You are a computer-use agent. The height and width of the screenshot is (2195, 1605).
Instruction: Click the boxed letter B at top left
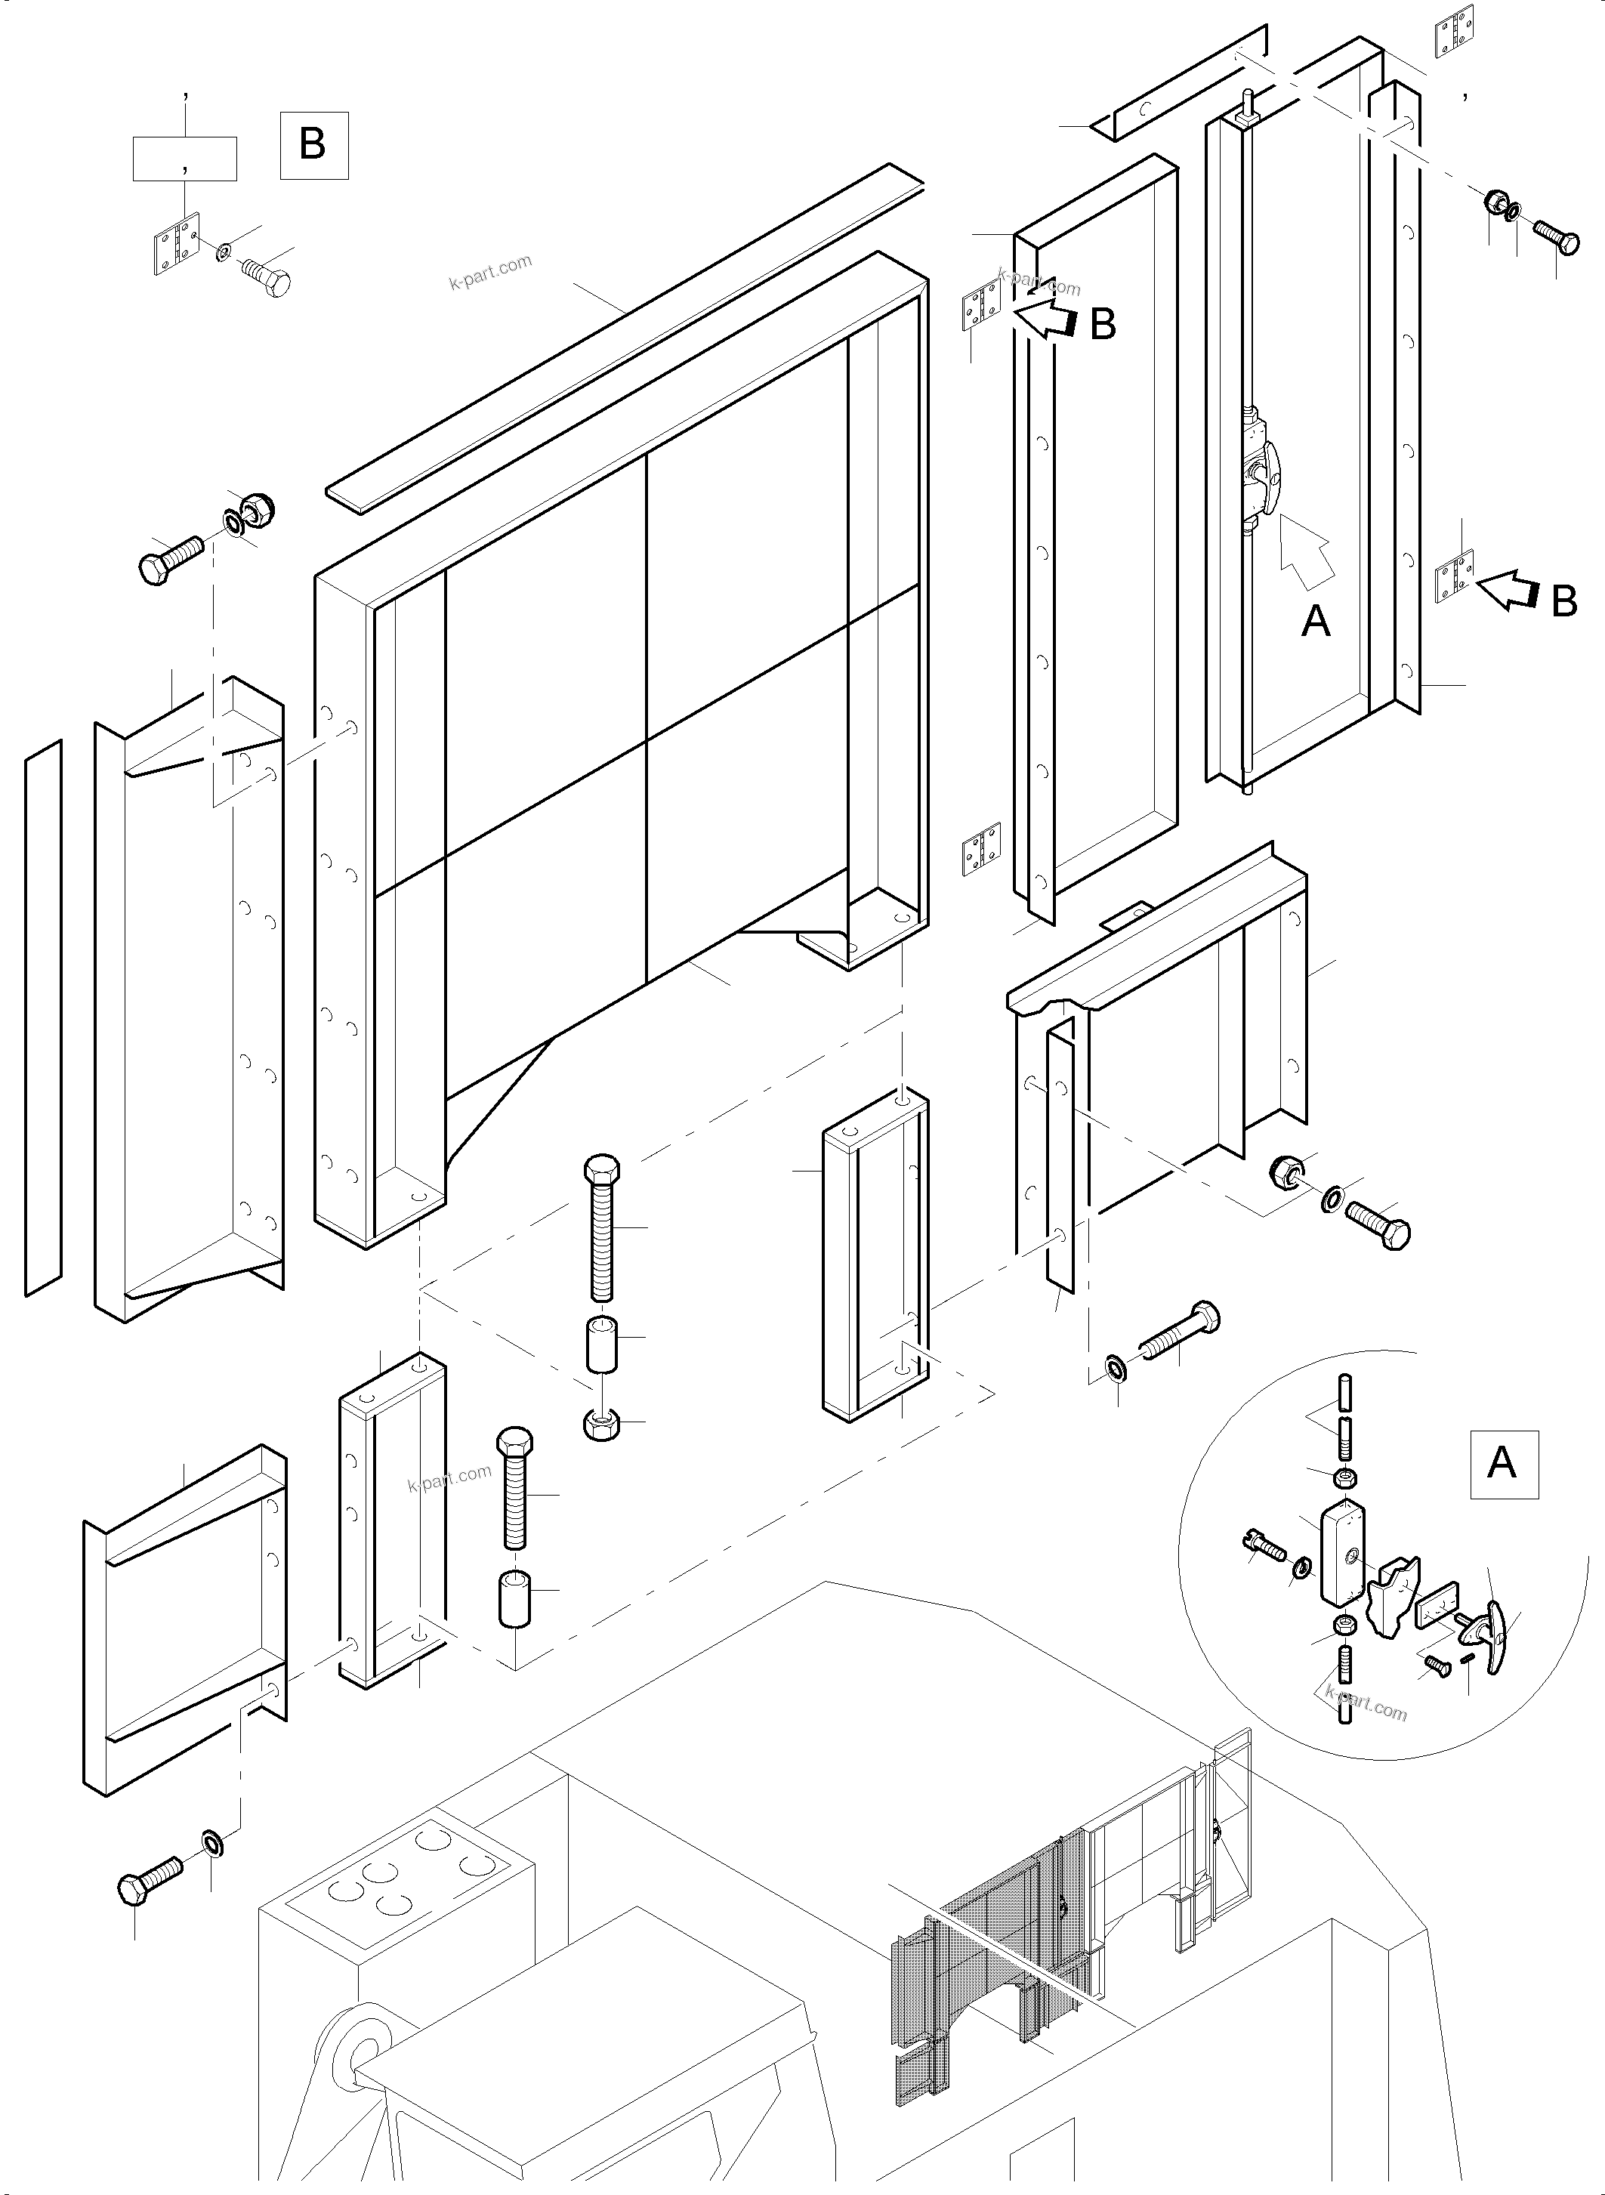pyautogui.click(x=313, y=146)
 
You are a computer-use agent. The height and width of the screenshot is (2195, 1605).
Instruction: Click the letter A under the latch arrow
pyautogui.click(x=1316, y=620)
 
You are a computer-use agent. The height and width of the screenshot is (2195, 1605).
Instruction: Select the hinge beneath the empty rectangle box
pyautogui.click(x=177, y=244)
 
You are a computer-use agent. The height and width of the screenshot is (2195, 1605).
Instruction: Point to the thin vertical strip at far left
pyautogui.click(x=43, y=1017)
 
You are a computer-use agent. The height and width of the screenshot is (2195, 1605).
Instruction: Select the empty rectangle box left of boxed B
pyautogui.click(x=184, y=159)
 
